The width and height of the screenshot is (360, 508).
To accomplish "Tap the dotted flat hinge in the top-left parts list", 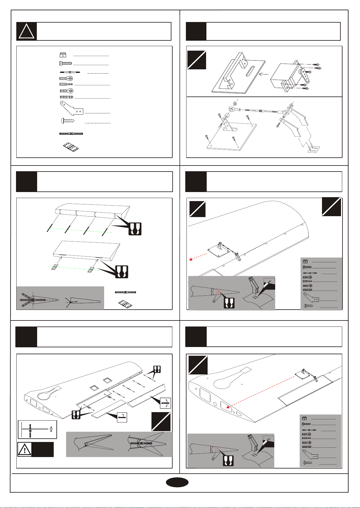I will [71, 147].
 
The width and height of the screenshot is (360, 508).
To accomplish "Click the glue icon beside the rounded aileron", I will [135, 229].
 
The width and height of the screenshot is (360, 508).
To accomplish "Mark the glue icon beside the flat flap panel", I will [122, 272].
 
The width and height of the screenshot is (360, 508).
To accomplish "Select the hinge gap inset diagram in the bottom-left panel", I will [37, 429].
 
